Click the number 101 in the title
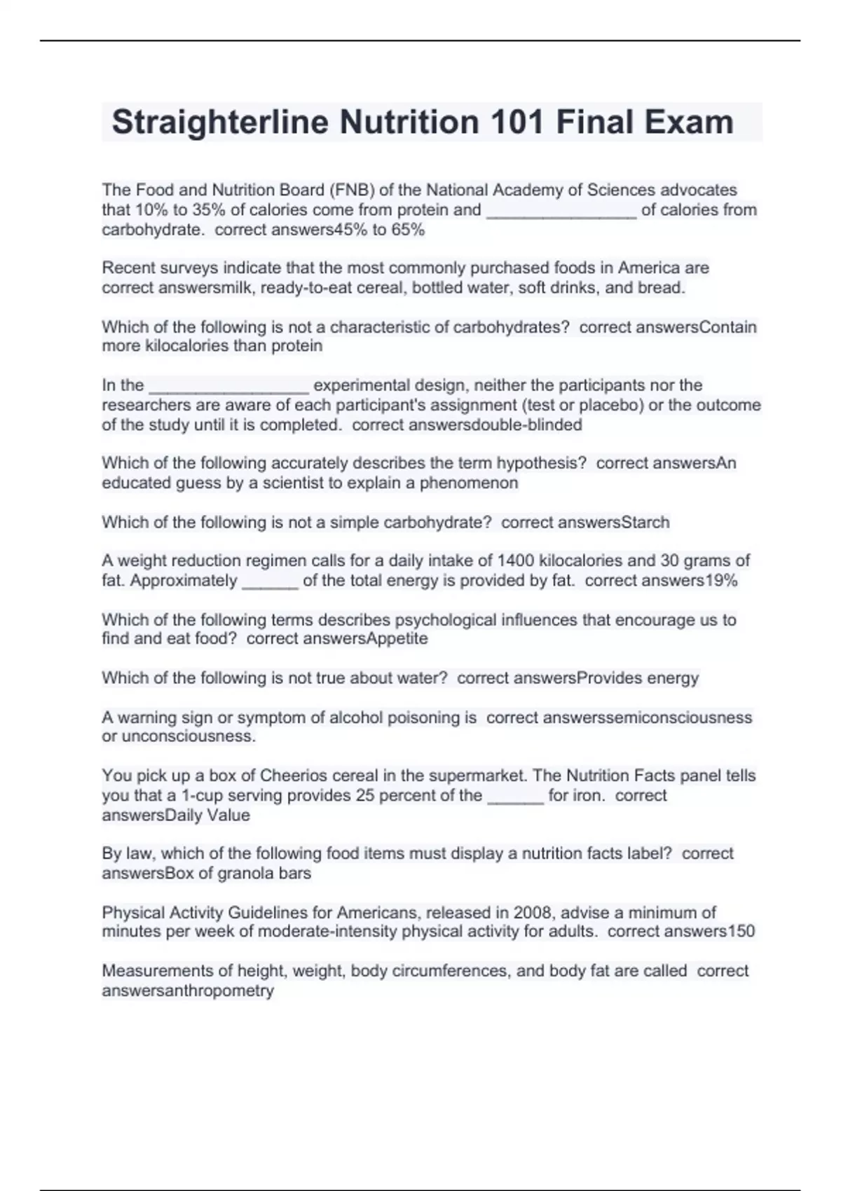coord(517,122)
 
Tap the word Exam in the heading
coord(689,122)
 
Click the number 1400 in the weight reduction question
coord(515,560)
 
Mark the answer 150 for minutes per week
coord(741,931)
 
